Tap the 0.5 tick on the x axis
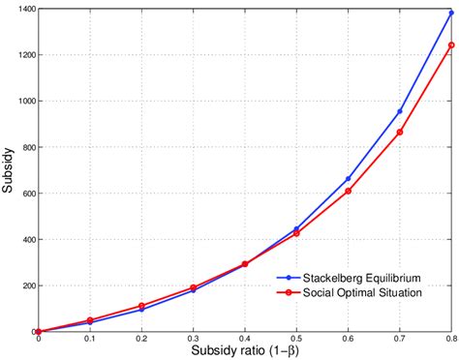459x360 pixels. pyautogui.click(x=245, y=339)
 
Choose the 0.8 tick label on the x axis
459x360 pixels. pyautogui.click(x=451, y=339)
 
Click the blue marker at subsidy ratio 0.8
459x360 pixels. pyautogui.click(x=451, y=13)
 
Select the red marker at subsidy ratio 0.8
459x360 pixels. pyautogui.click(x=451, y=45)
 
